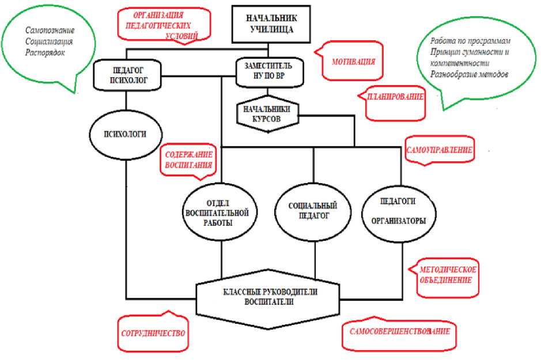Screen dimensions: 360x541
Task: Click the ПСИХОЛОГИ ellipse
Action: coord(124,134)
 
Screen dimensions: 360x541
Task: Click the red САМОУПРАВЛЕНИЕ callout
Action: coord(440,150)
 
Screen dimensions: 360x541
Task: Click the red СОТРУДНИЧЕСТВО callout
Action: coord(154,333)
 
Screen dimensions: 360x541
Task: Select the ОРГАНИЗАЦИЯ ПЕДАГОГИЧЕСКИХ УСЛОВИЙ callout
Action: coord(164,24)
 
